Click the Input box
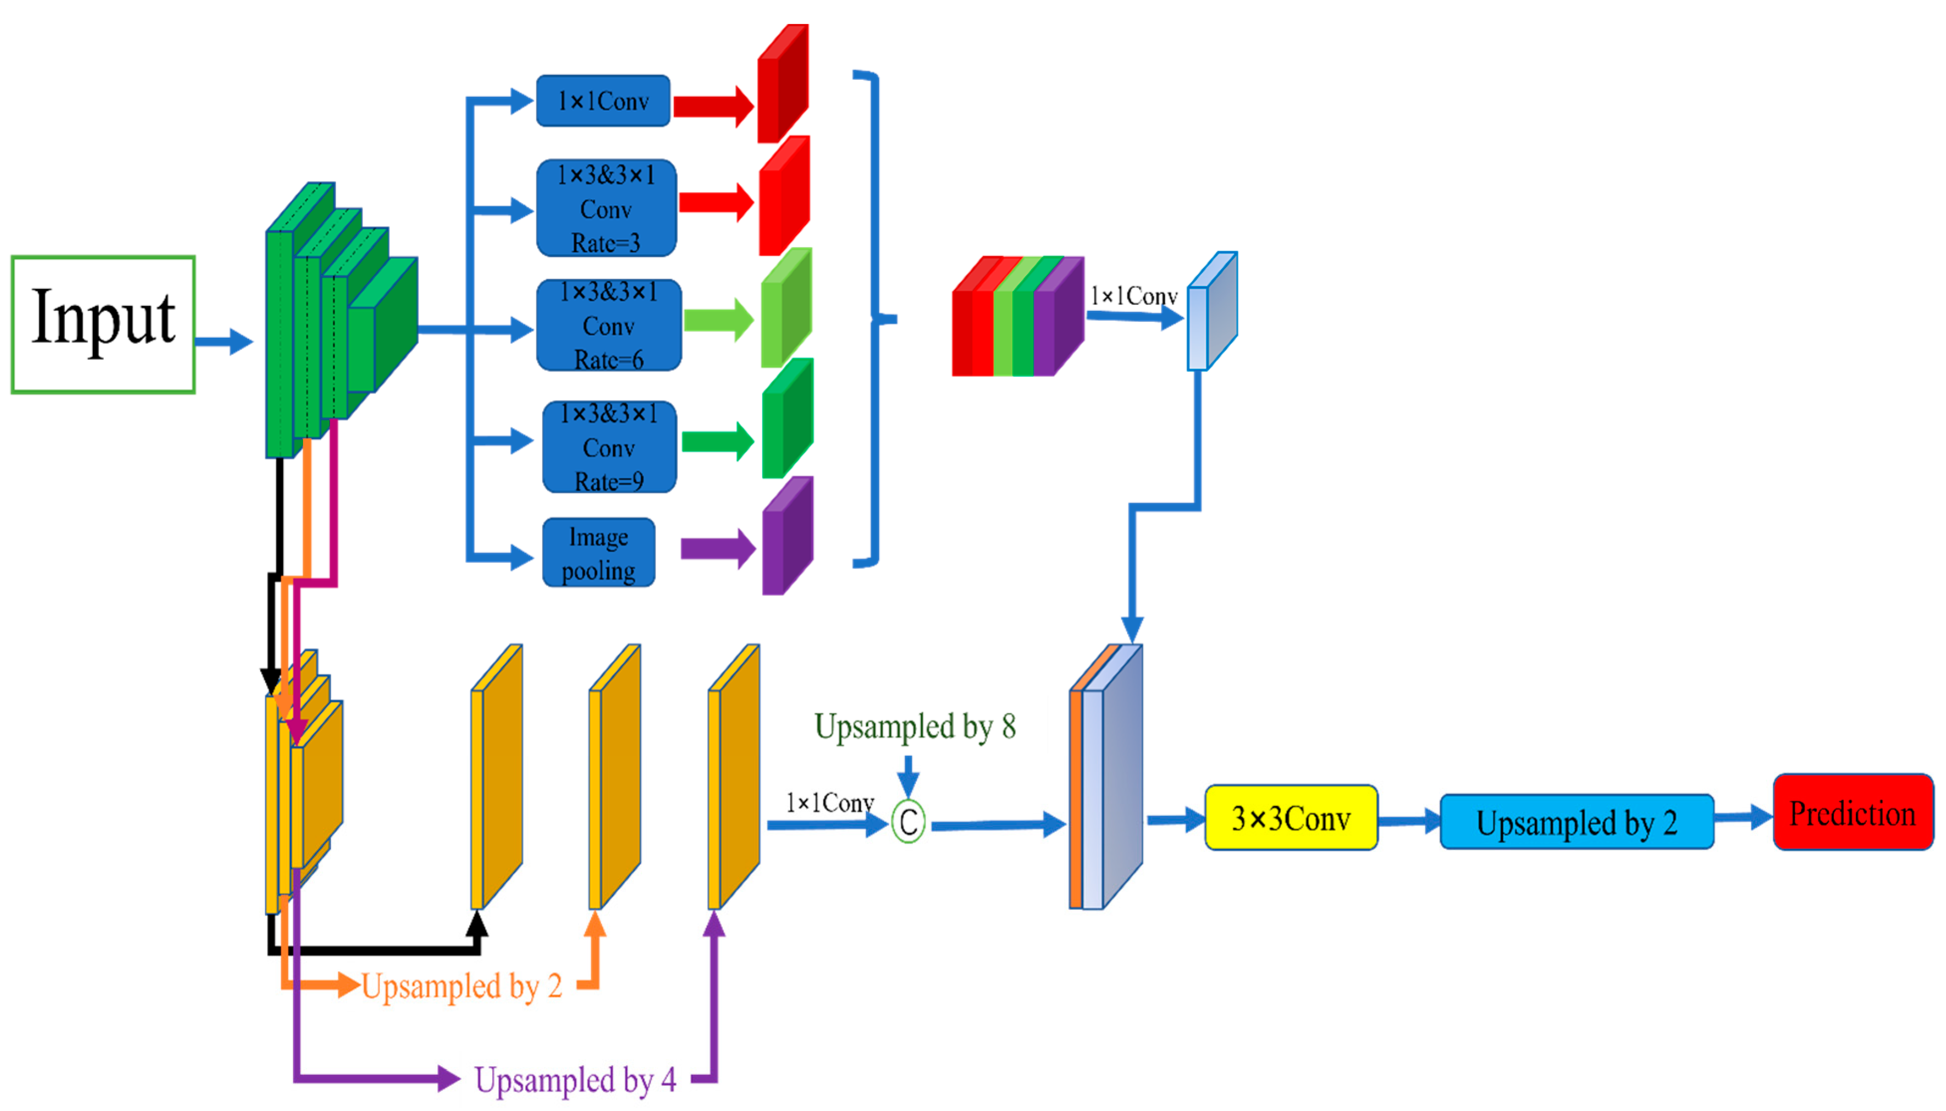tap(103, 324)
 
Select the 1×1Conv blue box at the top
tap(603, 101)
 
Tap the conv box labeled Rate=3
tap(606, 208)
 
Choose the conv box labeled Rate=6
tap(608, 325)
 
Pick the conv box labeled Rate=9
tap(609, 447)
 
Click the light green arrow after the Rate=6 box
tap(717, 320)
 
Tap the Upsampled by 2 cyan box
tap(1576, 822)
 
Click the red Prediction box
tap(1852, 813)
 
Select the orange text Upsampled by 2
tap(461, 986)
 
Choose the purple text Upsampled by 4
tap(574, 1079)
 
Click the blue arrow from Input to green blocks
tap(223, 341)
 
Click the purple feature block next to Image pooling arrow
tap(787, 537)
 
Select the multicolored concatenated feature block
tap(1016, 317)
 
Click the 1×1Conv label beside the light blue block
tap(1133, 295)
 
